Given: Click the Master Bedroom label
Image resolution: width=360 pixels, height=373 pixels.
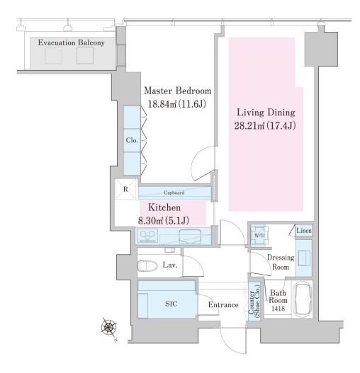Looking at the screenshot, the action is click(x=177, y=91).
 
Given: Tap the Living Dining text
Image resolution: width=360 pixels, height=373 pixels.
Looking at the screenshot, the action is click(x=266, y=113).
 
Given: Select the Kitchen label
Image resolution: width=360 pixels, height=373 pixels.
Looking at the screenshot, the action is click(x=164, y=207).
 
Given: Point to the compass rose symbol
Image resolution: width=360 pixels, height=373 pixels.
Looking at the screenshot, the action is click(x=109, y=327).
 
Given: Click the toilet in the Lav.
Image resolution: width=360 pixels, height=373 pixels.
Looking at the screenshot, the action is click(x=147, y=265).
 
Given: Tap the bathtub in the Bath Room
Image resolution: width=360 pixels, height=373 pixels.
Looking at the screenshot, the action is click(x=303, y=299).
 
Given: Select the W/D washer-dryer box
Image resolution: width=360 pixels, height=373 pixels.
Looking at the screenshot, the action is click(x=259, y=235).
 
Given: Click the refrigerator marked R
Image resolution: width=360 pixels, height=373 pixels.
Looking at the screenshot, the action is click(x=126, y=189).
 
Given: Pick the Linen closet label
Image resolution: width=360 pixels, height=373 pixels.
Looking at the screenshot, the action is click(x=304, y=231).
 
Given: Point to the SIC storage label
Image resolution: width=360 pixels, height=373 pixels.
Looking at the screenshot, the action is click(x=171, y=304).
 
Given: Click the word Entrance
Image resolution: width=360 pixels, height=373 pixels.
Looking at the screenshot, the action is click(x=223, y=305).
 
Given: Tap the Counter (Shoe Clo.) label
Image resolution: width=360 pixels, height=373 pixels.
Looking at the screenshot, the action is click(x=254, y=301).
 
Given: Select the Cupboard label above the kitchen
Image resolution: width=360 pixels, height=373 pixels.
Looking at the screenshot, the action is click(x=174, y=193).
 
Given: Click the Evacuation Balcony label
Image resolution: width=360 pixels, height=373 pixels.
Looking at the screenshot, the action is click(x=72, y=42).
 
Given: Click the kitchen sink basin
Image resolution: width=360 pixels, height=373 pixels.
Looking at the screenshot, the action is click(x=190, y=236).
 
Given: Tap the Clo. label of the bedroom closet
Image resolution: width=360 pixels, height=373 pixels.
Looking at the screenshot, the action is click(x=132, y=140).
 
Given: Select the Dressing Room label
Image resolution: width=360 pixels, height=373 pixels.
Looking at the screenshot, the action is click(x=281, y=262).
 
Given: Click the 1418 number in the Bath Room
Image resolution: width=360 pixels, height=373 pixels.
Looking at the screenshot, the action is click(x=279, y=309).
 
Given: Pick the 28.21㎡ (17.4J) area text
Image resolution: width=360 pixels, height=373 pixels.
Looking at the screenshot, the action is click(x=265, y=125).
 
